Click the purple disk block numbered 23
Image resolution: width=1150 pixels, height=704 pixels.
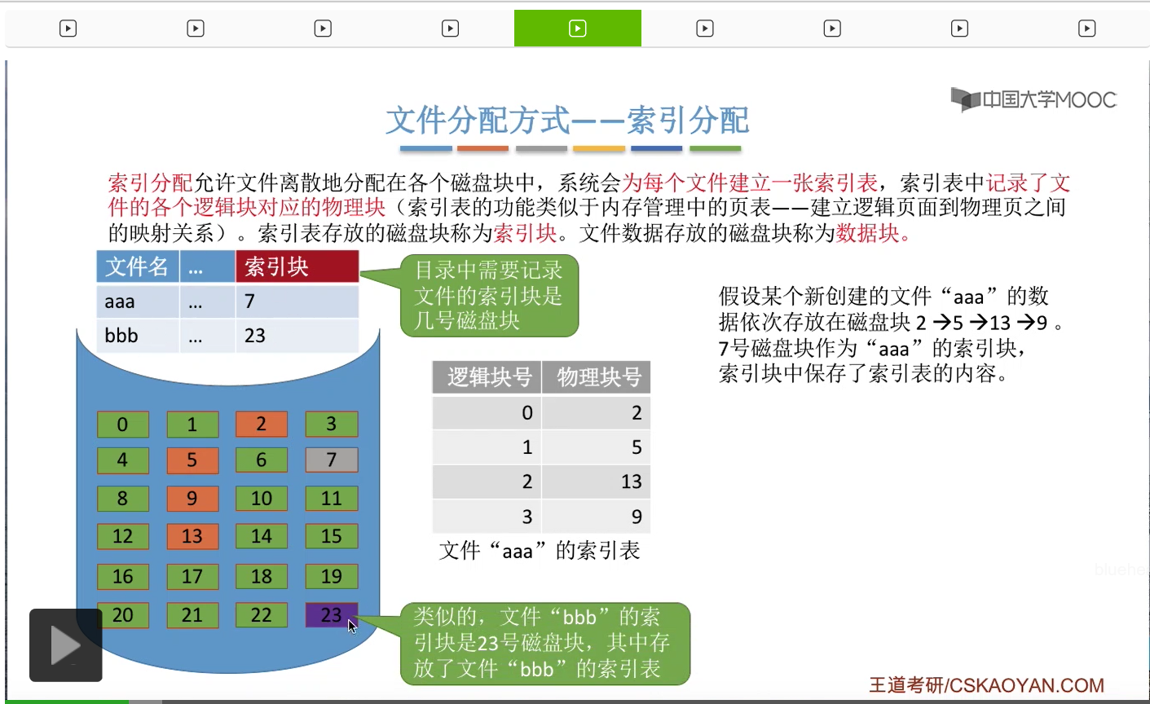(331, 614)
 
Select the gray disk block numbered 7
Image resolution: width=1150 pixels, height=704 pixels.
(331, 460)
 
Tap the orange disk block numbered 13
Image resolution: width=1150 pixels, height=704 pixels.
(192, 536)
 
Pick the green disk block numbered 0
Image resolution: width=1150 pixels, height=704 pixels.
(123, 425)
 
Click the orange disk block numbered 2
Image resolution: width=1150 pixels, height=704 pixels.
(262, 425)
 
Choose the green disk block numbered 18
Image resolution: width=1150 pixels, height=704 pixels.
(262, 576)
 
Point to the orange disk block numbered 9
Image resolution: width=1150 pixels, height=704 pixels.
(192, 498)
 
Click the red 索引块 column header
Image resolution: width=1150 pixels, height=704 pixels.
(297, 266)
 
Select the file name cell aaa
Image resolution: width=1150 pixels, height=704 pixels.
(138, 301)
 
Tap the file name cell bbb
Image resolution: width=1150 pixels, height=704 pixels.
(138, 336)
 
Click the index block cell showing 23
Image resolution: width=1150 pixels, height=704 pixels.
(297, 336)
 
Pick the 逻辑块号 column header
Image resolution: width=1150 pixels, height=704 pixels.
(487, 377)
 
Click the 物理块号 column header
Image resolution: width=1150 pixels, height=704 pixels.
(596, 377)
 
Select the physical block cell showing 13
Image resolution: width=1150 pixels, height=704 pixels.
(596, 482)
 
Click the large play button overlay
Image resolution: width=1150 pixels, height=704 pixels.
(66, 645)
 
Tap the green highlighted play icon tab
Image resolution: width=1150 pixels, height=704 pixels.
(578, 29)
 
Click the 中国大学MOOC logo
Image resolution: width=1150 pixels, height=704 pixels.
(1033, 99)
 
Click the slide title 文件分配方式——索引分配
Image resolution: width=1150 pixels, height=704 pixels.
(567, 121)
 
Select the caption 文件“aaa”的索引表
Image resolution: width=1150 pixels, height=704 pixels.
(540, 551)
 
